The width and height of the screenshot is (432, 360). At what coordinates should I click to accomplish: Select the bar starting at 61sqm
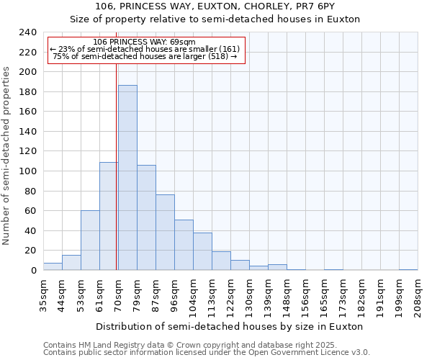[109, 216]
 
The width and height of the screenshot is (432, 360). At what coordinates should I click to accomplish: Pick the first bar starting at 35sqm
[53, 266]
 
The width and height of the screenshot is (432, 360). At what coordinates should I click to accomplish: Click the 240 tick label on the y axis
[27, 32]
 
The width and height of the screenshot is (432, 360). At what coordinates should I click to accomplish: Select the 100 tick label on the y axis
[27, 171]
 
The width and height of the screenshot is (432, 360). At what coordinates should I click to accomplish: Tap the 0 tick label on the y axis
[32, 271]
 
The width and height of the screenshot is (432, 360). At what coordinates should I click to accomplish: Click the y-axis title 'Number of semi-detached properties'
[6, 156]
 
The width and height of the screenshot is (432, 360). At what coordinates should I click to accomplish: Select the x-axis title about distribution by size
[229, 326]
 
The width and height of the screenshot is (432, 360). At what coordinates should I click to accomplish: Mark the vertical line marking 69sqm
[117, 166]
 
